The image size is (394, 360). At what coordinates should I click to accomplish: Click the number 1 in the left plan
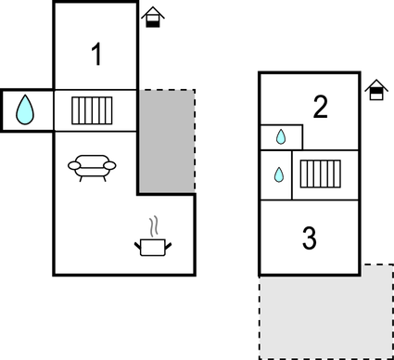[x=96, y=56]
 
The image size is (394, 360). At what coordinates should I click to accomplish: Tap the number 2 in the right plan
[x=321, y=108]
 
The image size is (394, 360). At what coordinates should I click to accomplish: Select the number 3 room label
[x=310, y=238]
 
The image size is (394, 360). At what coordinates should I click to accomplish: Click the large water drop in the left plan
[x=26, y=110]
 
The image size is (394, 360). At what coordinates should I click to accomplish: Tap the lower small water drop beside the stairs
[x=278, y=174]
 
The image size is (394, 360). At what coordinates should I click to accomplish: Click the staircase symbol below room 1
[x=92, y=110]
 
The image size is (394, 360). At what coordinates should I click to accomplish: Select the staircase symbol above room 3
[x=322, y=174]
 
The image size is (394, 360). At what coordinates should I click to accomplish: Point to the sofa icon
[x=93, y=167]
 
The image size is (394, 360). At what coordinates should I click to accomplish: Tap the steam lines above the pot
[x=154, y=225]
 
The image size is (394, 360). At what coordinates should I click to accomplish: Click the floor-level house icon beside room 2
[x=375, y=90]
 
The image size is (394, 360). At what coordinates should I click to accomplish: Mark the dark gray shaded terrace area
[x=167, y=141]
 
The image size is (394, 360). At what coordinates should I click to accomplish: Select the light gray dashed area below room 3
[x=324, y=315]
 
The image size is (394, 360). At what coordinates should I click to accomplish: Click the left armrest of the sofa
[x=74, y=165]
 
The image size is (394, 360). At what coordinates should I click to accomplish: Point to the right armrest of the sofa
[x=111, y=165]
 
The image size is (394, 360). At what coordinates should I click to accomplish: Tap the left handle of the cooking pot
[x=137, y=244]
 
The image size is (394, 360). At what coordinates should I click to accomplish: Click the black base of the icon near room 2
[x=375, y=95]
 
